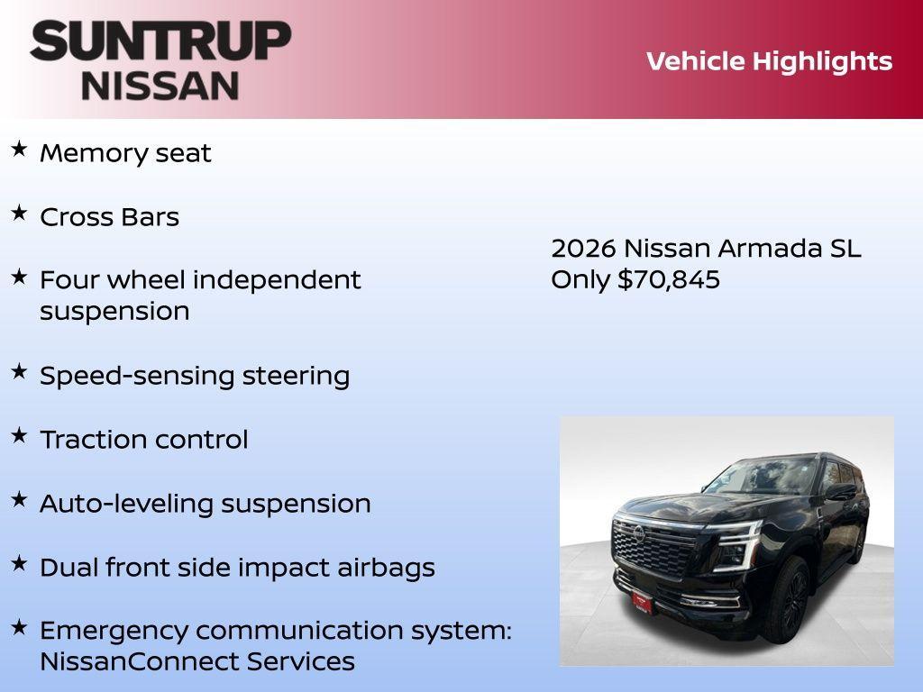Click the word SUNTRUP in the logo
point(160,41)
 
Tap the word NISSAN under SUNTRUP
point(160,85)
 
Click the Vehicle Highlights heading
point(769,61)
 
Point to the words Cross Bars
point(109,217)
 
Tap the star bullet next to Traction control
point(19,435)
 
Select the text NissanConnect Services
point(196,661)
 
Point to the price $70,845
point(668,280)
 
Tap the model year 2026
point(583,249)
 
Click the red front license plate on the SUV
point(642,600)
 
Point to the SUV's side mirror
point(840,492)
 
